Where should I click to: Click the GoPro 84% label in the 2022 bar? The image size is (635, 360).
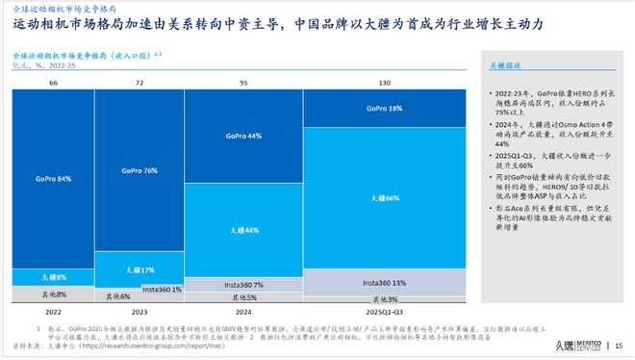click(52, 179)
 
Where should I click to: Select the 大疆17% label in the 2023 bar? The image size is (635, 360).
click(138, 270)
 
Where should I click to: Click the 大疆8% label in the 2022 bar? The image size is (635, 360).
click(53, 275)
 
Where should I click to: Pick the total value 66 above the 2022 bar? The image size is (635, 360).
click(53, 84)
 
